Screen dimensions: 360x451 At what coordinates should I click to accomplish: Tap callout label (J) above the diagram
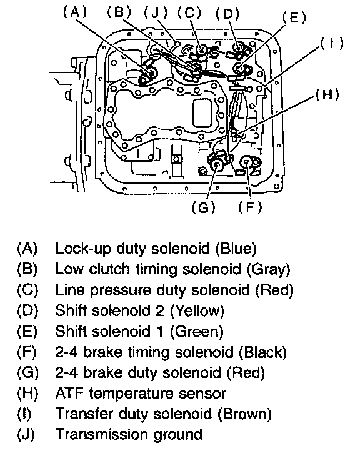click(156, 13)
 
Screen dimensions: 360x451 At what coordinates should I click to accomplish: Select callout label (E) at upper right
click(294, 18)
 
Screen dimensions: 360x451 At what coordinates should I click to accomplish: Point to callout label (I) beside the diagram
click(332, 44)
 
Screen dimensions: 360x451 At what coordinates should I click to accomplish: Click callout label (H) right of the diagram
click(327, 94)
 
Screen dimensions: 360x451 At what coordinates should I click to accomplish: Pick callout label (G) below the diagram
click(204, 207)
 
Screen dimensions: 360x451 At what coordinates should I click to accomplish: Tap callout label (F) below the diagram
click(250, 207)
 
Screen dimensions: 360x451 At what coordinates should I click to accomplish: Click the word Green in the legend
click(197, 331)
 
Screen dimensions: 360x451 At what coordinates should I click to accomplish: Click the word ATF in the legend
click(69, 393)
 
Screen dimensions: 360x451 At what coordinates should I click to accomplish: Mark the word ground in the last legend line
click(177, 435)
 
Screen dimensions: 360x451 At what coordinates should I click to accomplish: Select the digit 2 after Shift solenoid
click(160, 310)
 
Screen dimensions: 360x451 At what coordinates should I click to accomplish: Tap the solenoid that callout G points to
click(217, 164)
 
